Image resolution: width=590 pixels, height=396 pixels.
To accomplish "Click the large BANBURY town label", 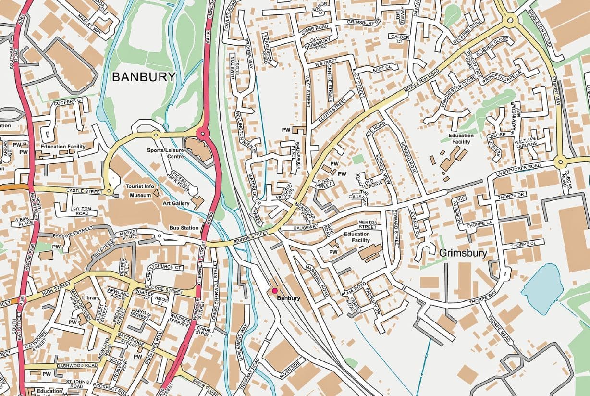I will (x=144, y=77).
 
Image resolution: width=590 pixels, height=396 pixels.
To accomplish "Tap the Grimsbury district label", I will (x=463, y=253).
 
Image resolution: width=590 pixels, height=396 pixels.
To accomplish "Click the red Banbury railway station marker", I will (x=275, y=291).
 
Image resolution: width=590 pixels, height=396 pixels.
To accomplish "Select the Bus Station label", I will (x=184, y=228).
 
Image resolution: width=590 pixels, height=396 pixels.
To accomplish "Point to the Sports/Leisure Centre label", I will (x=166, y=153).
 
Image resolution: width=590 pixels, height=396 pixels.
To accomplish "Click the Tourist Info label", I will (x=140, y=186).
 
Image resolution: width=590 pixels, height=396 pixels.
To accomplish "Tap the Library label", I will (x=90, y=298).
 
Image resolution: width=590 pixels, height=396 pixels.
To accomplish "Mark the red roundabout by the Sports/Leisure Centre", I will (x=203, y=133).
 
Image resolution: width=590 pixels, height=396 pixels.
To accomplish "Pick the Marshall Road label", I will (x=315, y=281).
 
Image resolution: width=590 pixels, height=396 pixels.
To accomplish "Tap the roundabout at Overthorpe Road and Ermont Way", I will (x=560, y=162).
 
